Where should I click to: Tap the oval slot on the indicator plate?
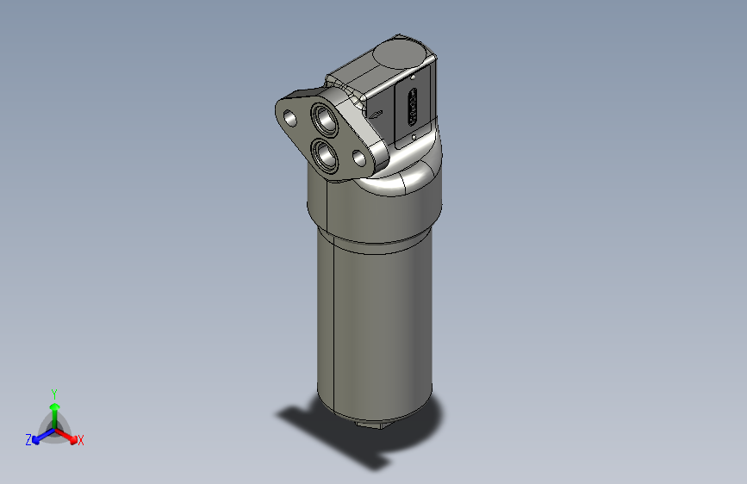413,108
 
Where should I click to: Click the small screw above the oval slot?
414,78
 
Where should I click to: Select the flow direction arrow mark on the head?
377,113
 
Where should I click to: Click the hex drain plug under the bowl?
371,423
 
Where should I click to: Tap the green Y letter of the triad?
53,393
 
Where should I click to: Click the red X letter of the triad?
81,440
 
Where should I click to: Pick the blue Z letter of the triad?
28,440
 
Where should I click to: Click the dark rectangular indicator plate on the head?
413,108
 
